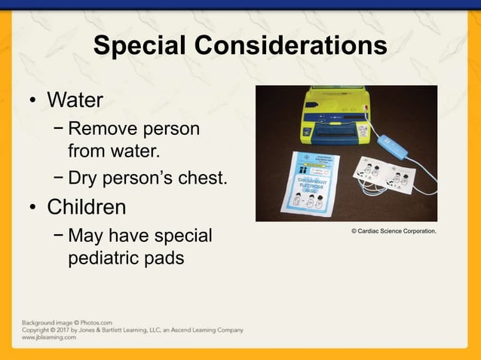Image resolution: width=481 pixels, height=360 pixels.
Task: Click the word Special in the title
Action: tap(139, 46)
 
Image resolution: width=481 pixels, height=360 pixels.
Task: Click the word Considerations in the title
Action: tap(291, 46)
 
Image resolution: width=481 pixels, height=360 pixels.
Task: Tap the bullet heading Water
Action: tap(75, 99)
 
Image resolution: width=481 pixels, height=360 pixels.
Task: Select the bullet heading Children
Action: tap(87, 206)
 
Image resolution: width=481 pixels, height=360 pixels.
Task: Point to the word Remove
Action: tap(103, 130)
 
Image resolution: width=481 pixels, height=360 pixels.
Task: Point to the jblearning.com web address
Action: tap(48, 337)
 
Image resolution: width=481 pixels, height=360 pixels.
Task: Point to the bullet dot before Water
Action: tap(32, 101)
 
